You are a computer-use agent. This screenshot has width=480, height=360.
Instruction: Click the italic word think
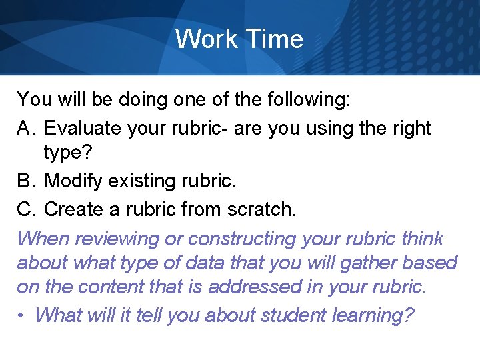pyautogui.click(x=422, y=238)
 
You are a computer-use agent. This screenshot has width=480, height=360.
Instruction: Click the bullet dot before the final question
pyautogui.click(x=21, y=315)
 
